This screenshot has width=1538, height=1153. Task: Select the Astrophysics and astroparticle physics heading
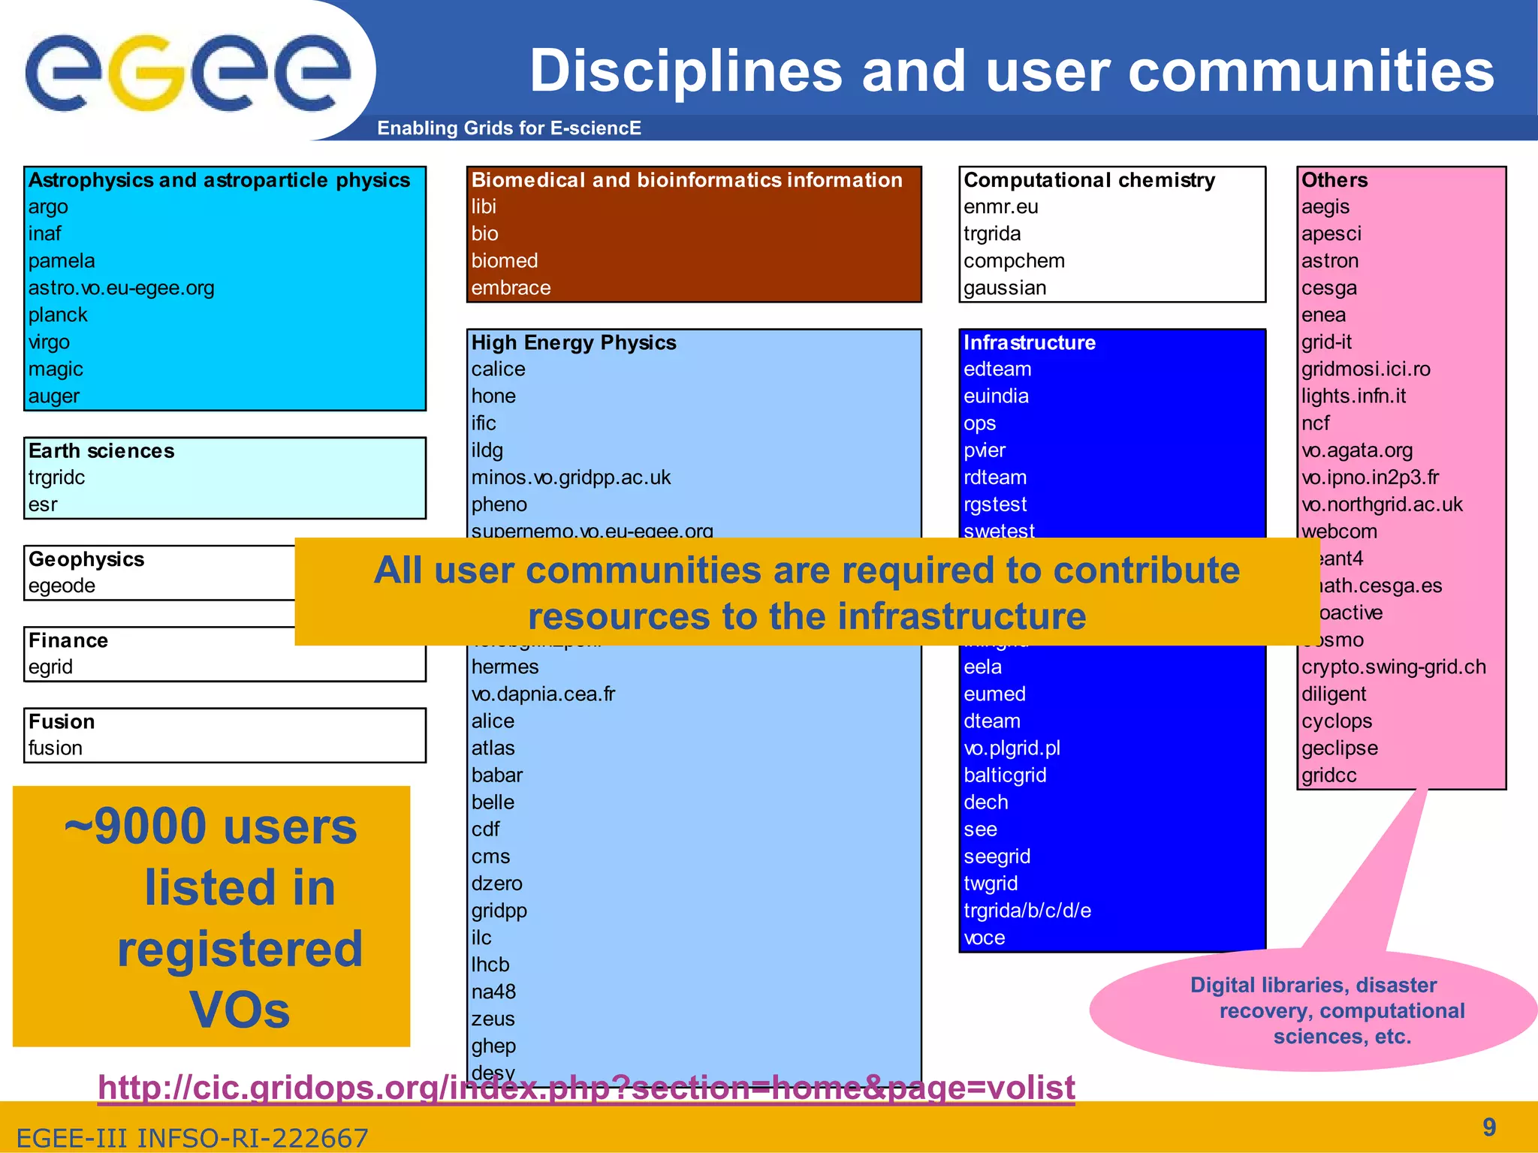219,180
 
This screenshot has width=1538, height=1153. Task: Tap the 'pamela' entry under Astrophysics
62,261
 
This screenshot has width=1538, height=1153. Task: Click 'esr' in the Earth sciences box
43,504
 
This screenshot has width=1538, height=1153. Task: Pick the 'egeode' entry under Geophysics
62,586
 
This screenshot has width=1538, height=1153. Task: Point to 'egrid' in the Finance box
50,667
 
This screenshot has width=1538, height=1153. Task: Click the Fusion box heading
62,721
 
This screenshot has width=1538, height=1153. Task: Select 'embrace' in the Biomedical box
511,288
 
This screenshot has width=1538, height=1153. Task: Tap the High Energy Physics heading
574,343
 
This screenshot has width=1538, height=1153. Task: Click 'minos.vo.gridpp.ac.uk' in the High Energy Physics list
571,477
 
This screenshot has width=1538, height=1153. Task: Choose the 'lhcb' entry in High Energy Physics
490,965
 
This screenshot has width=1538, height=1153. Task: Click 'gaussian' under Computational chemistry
1005,288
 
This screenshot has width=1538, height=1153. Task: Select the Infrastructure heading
1029,343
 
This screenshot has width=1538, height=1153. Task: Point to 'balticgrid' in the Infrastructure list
1005,775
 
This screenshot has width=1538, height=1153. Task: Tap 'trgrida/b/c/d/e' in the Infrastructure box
1027,911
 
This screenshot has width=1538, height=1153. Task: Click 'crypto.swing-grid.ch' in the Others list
1393,667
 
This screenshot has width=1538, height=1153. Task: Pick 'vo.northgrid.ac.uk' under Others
1382,504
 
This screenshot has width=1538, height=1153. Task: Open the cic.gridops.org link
586,1087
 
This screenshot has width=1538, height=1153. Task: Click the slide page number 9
1489,1127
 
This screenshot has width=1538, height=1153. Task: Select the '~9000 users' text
210,826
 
